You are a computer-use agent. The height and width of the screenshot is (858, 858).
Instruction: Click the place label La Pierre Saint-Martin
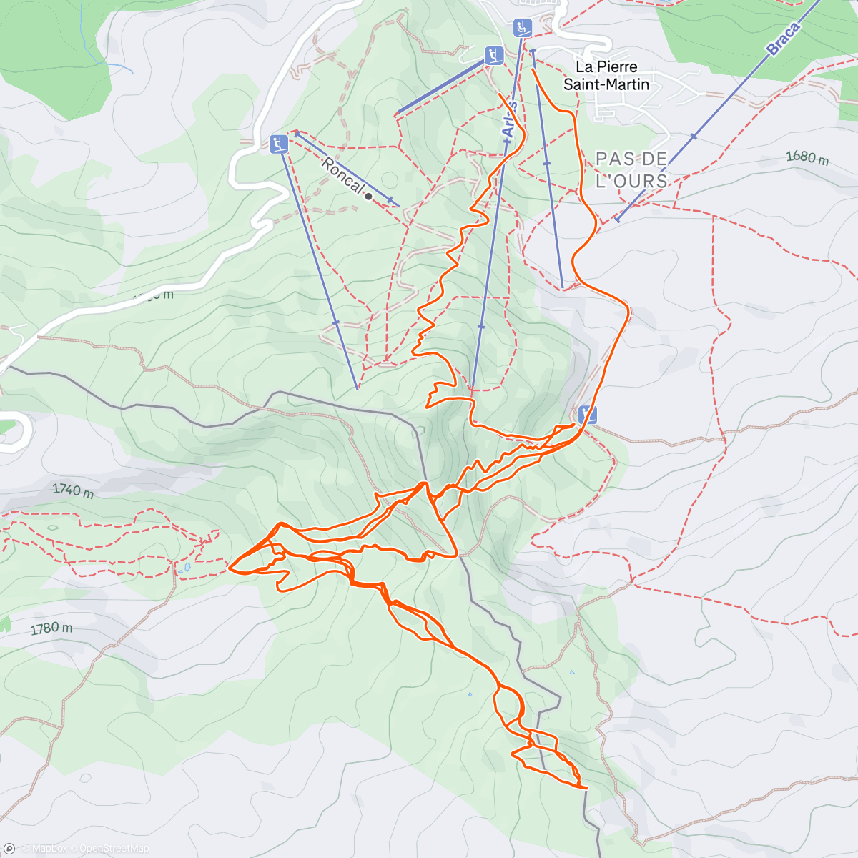pyautogui.click(x=606, y=76)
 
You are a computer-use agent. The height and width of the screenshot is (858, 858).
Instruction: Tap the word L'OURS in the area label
pyautogui.click(x=631, y=181)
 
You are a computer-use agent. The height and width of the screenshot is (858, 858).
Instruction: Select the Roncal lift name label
pyautogui.click(x=342, y=175)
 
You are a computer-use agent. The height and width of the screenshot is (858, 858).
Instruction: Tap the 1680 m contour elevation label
pyautogui.click(x=807, y=157)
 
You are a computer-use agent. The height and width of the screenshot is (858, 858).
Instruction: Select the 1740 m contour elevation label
pyautogui.click(x=73, y=491)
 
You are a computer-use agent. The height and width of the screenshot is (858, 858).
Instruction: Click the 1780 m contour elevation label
pyautogui.click(x=51, y=628)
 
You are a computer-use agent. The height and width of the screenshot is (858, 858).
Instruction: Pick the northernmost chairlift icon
pyautogui.click(x=523, y=28)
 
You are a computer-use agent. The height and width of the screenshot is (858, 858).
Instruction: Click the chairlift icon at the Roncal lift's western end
pyautogui.click(x=279, y=144)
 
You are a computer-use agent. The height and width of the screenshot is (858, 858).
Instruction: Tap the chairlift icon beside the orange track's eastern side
pyautogui.click(x=587, y=413)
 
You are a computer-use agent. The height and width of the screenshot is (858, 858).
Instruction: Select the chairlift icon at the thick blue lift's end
pyautogui.click(x=493, y=55)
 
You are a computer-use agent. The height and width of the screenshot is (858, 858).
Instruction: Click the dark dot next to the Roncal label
pyautogui.click(x=368, y=196)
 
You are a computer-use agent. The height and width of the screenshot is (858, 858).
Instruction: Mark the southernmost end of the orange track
pyautogui.click(x=586, y=788)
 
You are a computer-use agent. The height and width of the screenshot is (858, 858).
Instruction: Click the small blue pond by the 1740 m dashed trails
pyautogui.click(x=186, y=568)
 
